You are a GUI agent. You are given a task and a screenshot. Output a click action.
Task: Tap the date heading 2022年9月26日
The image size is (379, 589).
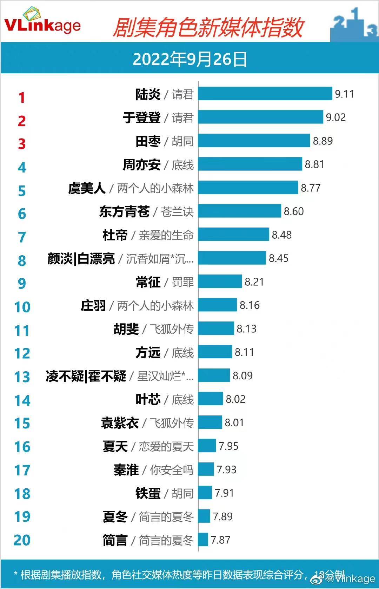point(189,59)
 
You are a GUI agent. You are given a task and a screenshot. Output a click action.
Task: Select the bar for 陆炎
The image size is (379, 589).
point(265,94)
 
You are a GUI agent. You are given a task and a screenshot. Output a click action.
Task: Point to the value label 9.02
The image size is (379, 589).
point(335,117)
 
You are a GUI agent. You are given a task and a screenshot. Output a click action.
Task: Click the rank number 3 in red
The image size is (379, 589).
point(22,144)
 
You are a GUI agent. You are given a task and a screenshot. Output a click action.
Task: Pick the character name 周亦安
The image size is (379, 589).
point(141,164)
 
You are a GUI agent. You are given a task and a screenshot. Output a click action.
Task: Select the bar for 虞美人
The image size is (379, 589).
point(248,188)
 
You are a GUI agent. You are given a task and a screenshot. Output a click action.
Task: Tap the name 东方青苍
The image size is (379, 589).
point(124,211)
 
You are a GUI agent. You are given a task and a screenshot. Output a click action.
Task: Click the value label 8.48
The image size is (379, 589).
point(281,235)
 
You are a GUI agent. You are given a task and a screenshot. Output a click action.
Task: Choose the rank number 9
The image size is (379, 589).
point(22,283)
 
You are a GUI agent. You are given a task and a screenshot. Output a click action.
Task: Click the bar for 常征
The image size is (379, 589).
point(220,282)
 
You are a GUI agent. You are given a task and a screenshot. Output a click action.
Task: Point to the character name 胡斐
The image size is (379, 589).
point(126,329)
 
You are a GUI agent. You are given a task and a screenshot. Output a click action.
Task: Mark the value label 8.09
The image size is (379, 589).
point(242,375)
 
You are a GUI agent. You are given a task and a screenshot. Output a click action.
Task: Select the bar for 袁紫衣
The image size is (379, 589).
point(210,422)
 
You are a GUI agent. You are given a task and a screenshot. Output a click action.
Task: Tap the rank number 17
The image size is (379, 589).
point(22,470)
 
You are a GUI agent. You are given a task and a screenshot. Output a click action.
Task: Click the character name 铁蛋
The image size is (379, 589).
point(148,493)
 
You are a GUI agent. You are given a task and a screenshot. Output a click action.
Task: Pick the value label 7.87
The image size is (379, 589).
point(220,540)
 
